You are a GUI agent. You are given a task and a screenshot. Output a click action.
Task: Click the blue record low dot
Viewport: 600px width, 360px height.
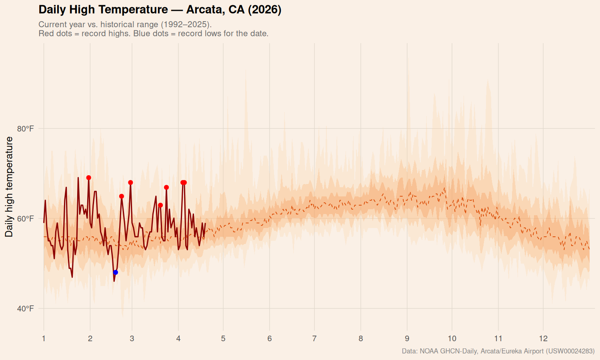116,272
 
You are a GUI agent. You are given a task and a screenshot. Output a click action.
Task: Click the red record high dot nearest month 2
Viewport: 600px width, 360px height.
89,178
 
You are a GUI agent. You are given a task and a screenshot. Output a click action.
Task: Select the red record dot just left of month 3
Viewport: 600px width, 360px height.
130,182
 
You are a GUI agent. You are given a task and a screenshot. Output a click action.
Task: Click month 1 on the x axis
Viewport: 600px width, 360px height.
44,339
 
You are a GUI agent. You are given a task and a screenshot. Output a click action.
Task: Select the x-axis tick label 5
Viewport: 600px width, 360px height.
223,339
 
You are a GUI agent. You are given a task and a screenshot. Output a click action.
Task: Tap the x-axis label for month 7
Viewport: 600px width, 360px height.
314,339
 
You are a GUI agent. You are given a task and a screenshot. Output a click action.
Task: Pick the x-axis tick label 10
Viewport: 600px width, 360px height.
452,339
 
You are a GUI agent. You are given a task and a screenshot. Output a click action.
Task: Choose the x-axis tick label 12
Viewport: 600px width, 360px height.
543,339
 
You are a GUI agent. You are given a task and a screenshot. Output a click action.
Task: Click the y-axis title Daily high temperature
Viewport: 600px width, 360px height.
9,186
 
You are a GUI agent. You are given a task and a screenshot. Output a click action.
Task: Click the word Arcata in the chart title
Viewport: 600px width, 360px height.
205,10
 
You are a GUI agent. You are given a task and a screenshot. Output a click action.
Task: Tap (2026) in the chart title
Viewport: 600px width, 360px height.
264,10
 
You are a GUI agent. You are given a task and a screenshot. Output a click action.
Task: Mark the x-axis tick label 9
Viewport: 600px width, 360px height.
407,339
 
